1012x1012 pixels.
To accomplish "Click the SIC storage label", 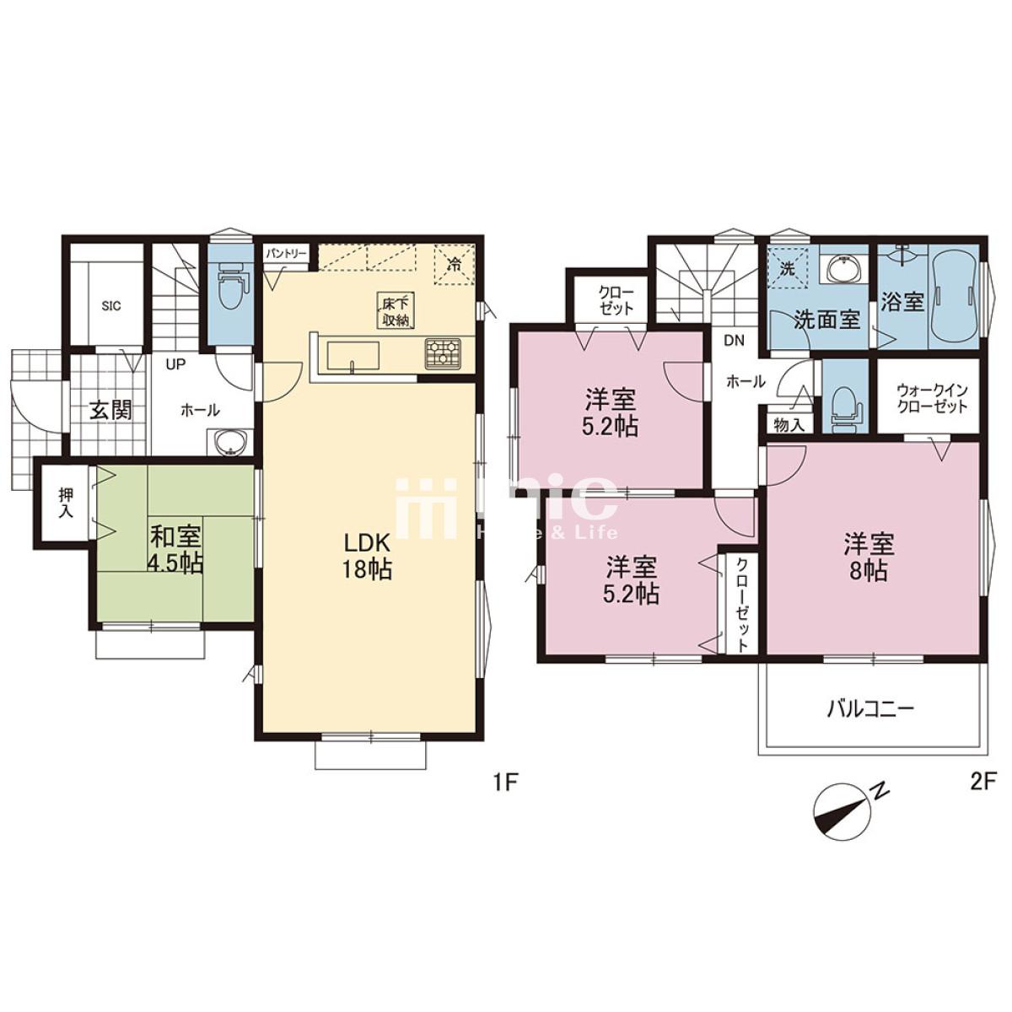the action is (x=110, y=305).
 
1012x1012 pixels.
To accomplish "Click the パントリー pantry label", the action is (x=285, y=254).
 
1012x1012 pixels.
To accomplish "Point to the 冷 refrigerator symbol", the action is (x=452, y=265).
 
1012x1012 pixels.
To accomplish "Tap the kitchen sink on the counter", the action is (x=353, y=356).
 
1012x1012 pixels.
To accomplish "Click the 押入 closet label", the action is (x=66, y=503).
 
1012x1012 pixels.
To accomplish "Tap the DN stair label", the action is (x=735, y=341).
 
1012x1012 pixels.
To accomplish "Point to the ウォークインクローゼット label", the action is (x=929, y=399).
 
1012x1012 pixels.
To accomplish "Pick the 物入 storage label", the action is (x=789, y=425).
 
